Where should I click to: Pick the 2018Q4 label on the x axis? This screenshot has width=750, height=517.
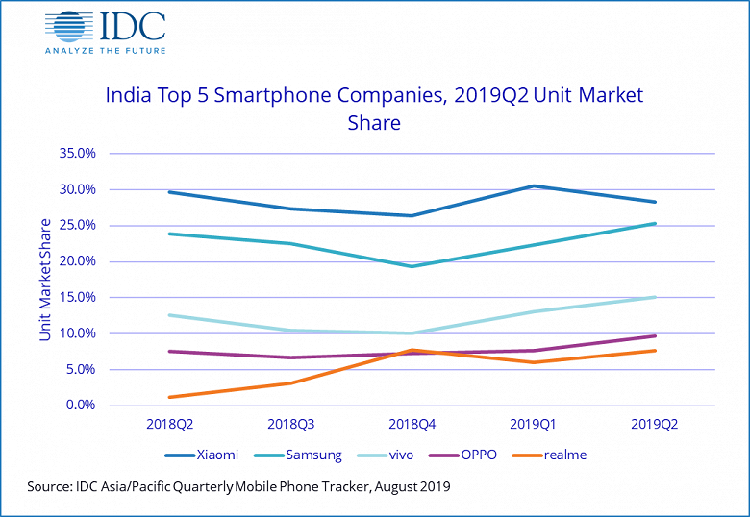pos(412,424)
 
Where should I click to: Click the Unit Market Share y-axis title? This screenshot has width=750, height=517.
pos(45,279)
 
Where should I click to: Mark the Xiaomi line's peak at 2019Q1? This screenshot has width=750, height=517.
pos(534,186)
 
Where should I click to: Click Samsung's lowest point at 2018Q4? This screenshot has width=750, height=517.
pos(412,266)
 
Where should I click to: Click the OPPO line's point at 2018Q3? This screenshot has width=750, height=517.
pos(291,357)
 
